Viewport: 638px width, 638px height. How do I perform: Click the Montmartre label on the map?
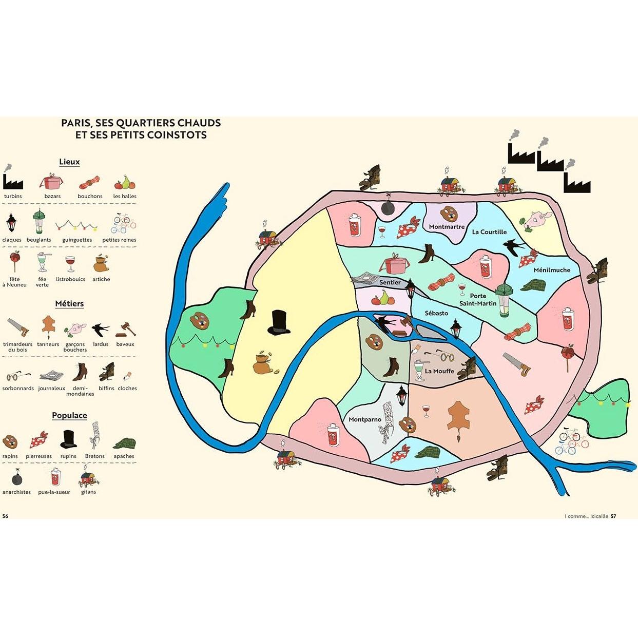coord(447,227)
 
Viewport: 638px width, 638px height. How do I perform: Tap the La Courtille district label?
coord(489,232)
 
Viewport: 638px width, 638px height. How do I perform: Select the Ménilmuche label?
coord(552,270)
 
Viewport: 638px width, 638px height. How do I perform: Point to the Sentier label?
coord(390,282)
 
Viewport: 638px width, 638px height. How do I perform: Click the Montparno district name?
coord(365,419)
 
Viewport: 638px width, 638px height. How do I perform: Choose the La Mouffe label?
coord(439,371)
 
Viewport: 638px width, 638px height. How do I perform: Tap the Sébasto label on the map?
coord(436,313)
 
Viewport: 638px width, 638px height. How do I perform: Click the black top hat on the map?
coord(279,322)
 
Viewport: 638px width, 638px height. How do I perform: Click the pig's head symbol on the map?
coord(536,221)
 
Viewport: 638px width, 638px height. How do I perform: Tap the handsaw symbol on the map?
coord(516,364)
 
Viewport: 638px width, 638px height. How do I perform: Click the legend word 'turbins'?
coord(13,196)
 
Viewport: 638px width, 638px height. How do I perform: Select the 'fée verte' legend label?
coord(42,282)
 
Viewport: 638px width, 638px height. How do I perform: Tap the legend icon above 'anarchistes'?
coord(16,477)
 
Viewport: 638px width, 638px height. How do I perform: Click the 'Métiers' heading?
coord(69,304)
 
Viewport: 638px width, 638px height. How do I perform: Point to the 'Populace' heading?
coord(69,416)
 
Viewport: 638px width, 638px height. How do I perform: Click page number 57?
coord(613,516)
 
